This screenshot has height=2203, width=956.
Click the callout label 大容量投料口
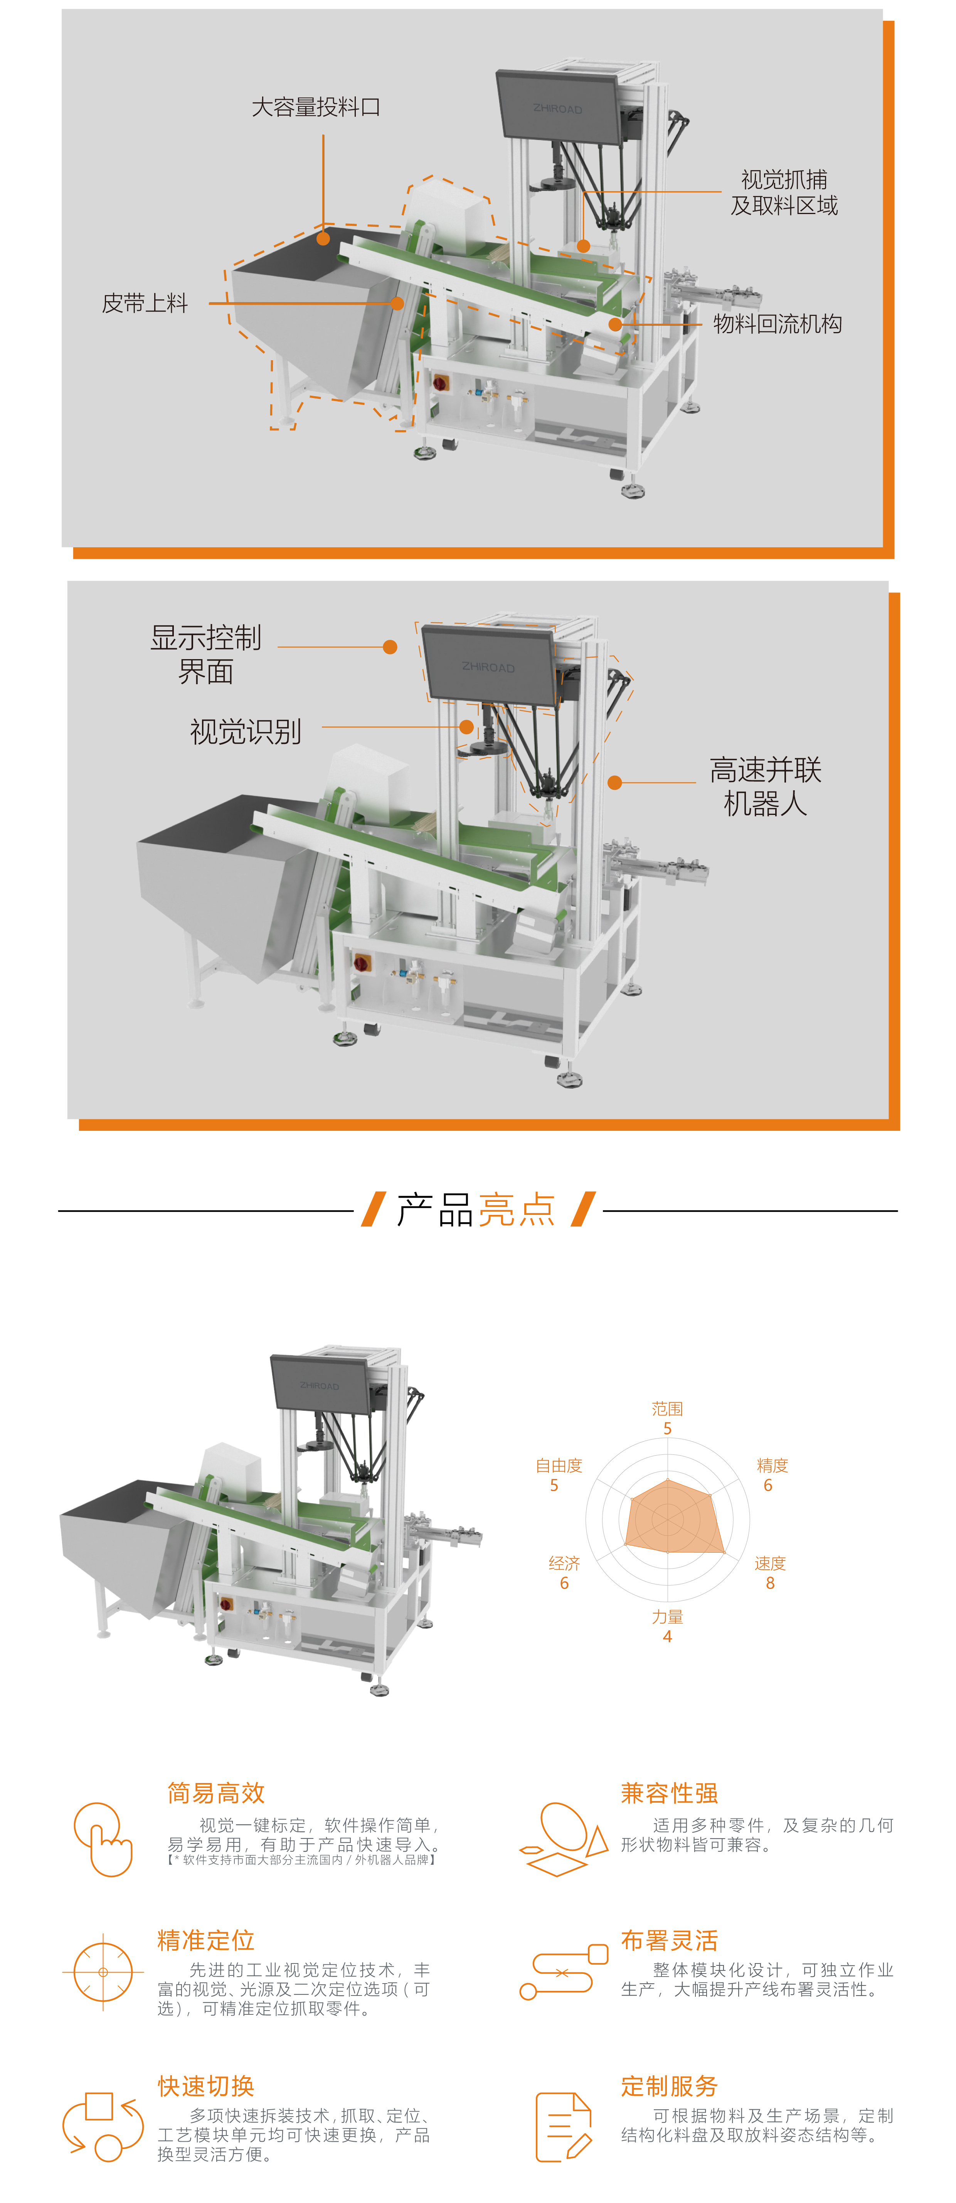tap(316, 107)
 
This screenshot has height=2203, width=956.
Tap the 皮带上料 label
tap(145, 303)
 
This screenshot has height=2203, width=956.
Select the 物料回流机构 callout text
tap(777, 323)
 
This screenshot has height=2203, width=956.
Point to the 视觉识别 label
tap(246, 731)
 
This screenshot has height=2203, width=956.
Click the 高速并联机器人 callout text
tap(765, 786)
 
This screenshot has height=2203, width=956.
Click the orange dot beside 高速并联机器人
tap(614, 783)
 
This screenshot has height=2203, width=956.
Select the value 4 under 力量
tap(667, 1636)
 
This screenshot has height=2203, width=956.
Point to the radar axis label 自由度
tap(559, 1465)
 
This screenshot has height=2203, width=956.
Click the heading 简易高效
tap(216, 1793)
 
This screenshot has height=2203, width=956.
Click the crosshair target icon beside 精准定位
tap(103, 1972)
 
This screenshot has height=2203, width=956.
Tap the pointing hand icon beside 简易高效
tap(103, 1839)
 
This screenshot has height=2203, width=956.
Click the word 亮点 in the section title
tap(517, 1209)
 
